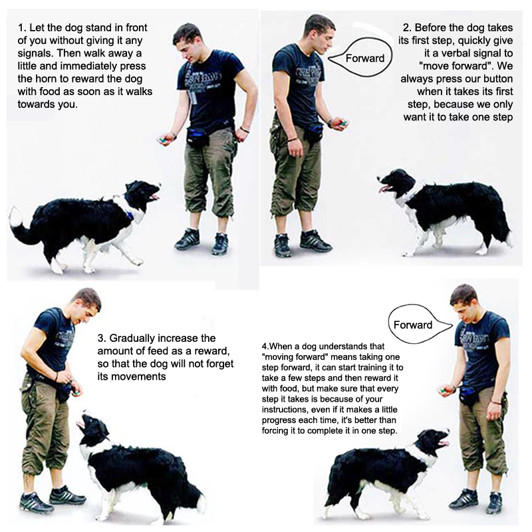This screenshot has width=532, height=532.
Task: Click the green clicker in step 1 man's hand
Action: tap(162, 140)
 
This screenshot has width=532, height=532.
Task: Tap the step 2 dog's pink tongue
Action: tap(384, 188)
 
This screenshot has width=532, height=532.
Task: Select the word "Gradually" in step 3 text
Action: tap(132, 338)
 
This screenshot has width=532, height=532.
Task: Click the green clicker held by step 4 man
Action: tap(442, 391)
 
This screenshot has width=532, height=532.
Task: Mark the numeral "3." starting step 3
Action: tap(102, 338)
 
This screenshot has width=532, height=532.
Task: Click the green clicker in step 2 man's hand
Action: tap(344, 122)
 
